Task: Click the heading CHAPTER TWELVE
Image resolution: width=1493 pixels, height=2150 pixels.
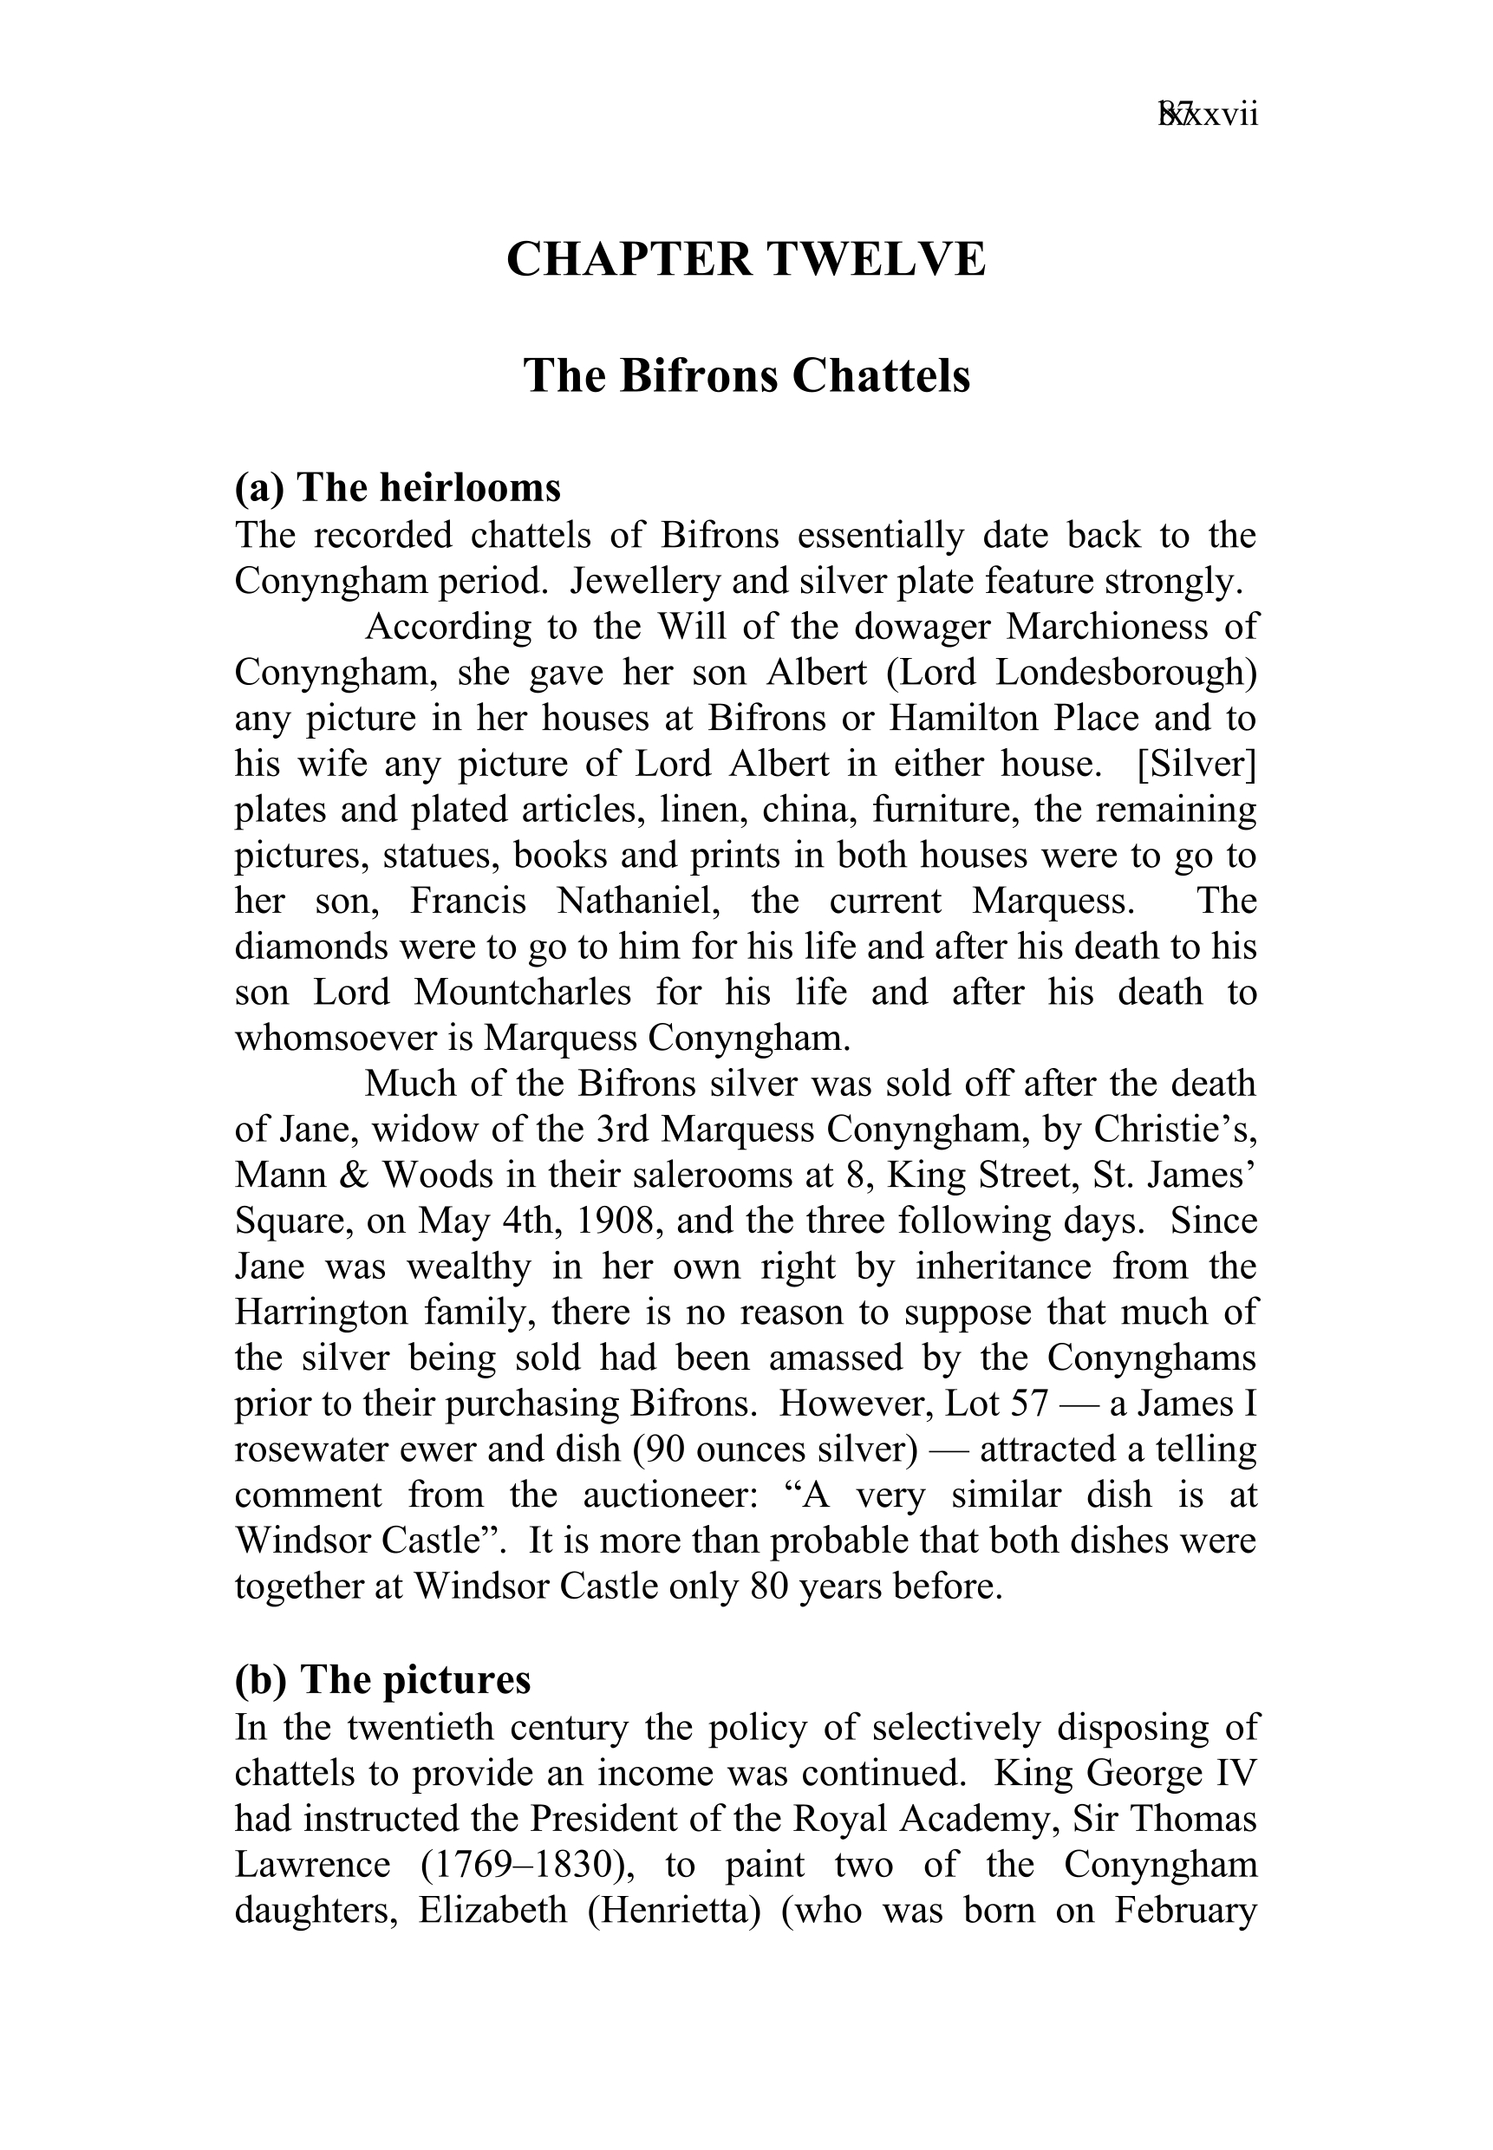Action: click(x=746, y=259)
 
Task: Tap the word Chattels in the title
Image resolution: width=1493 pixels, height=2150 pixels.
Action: click(x=881, y=376)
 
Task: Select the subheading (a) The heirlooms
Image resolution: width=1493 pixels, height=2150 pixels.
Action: click(x=398, y=487)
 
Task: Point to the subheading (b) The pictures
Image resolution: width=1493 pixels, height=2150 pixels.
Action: click(x=382, y=1679)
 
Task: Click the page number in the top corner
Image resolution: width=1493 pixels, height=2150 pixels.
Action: click(x=1208, y=115)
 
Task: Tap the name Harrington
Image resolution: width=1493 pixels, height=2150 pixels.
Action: click(x=321, y=1312)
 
